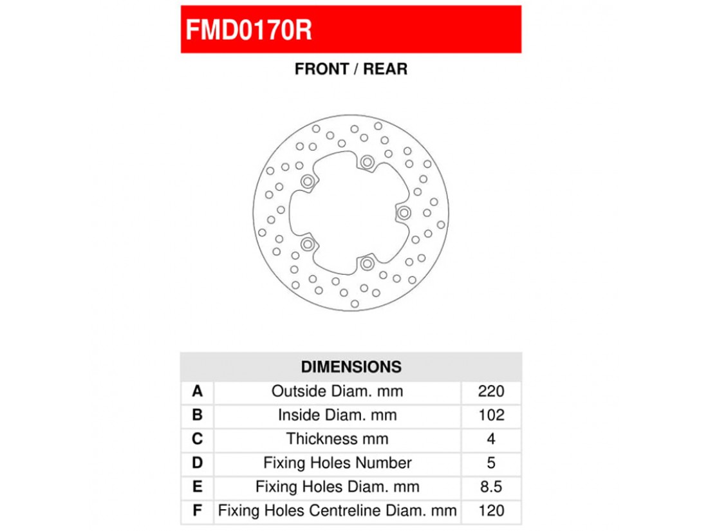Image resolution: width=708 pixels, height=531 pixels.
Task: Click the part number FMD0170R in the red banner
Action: (248, 30)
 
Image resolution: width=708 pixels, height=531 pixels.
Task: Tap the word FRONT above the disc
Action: (320, 69)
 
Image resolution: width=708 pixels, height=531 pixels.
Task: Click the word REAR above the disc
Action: (385, 69)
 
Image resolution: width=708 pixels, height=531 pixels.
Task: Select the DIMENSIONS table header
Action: (351, 367)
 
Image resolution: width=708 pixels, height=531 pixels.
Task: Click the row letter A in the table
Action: (197, 391)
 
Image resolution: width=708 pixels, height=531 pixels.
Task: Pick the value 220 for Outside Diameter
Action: (491, 391)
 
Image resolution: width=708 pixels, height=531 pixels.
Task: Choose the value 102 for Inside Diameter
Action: (491, 415)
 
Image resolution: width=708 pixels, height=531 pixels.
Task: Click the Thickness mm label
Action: (337, 439)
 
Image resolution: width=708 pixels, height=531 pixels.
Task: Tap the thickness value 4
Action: (491, 439)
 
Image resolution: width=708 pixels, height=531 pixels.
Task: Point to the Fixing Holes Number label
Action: (337, 463)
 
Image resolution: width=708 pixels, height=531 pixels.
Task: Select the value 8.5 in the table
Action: (491, 487)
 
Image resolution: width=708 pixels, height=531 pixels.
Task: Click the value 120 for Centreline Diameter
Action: (491, 511)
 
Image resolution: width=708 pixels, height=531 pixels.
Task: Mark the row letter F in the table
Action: (197, 511)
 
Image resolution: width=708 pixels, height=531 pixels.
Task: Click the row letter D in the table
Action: (197, 463)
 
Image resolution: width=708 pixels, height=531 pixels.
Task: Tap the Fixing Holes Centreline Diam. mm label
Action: (337, 511)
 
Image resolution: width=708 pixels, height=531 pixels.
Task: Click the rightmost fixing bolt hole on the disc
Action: (404, 212)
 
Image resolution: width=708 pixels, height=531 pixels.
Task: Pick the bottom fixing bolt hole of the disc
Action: (367, 263)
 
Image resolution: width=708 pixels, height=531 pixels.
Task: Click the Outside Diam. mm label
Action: (337, 391)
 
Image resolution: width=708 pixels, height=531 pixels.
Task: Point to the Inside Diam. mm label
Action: (337, 415)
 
